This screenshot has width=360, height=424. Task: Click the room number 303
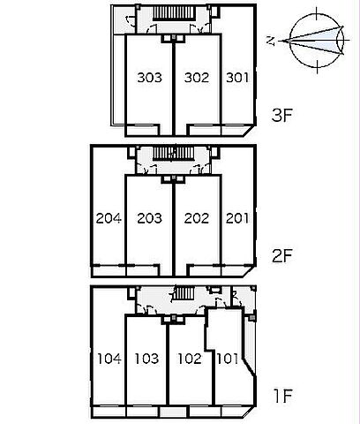[150, 78]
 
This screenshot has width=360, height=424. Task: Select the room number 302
[197, 78]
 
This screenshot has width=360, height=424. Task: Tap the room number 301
[237, 78]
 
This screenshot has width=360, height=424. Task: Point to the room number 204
[109, 218]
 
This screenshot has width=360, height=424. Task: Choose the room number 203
[150, 218]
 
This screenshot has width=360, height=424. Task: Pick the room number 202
[197, 218]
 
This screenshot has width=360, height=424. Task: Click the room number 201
[237, 218]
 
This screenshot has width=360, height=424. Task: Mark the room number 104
[109, 359]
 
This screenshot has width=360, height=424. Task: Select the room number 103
[146, 359]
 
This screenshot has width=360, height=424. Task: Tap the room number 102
[190, 359]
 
